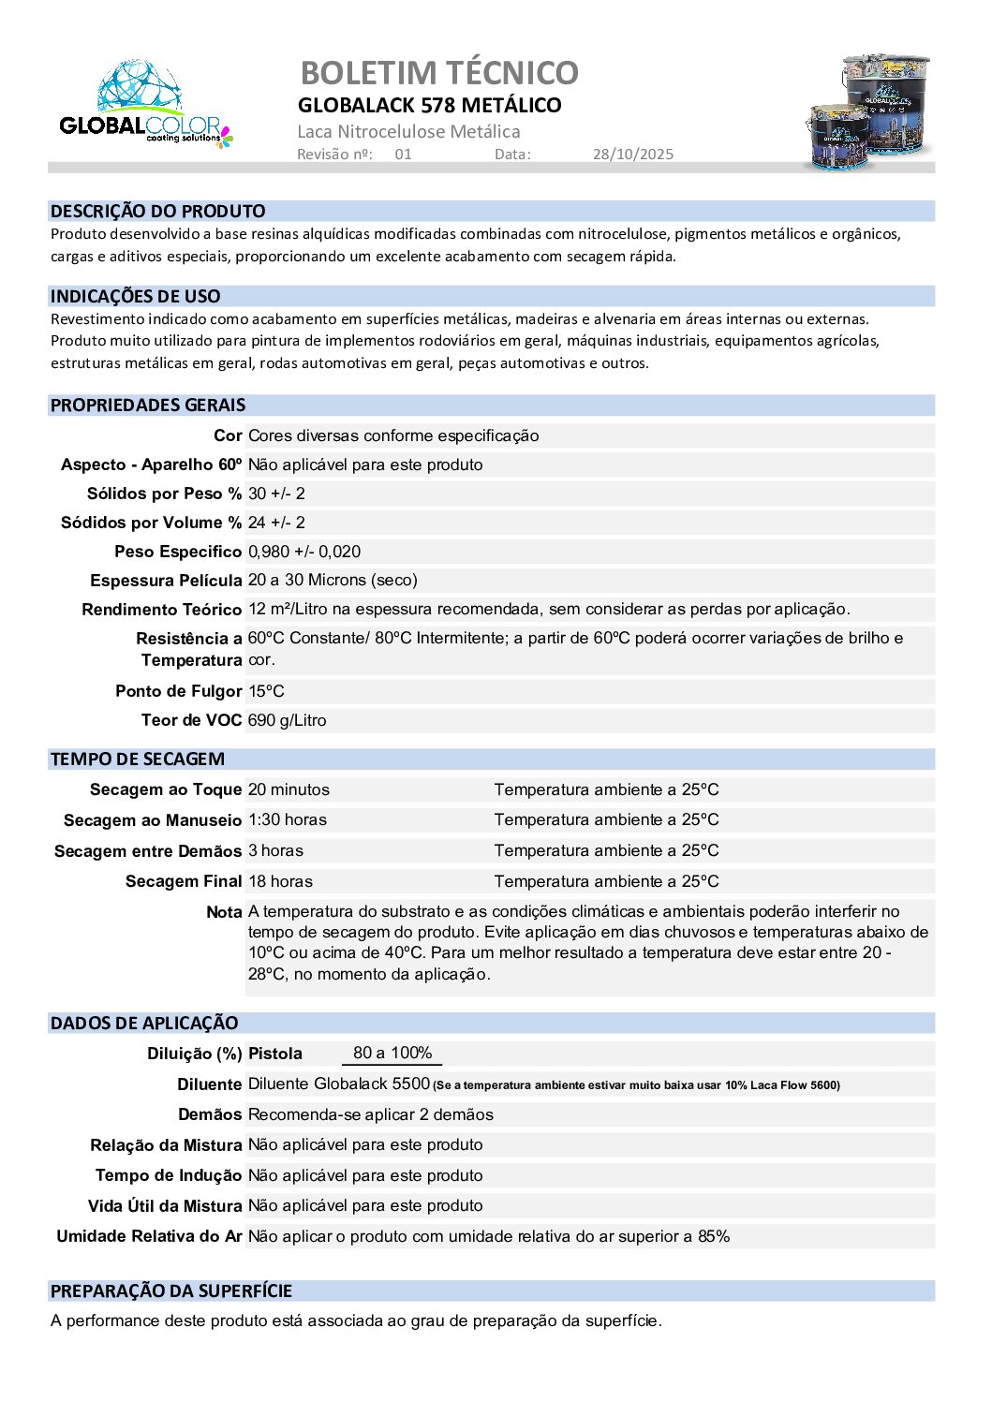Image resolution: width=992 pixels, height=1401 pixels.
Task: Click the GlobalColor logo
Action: [x=144, y=106]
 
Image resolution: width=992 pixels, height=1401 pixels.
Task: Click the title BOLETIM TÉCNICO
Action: [x=438, y=73]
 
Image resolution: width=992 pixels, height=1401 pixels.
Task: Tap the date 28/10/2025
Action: [x=632, y=155]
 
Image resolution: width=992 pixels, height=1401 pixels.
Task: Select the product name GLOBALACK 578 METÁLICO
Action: [x=429, y=105]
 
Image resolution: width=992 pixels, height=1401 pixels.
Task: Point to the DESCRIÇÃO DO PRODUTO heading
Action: [x=157, y=212]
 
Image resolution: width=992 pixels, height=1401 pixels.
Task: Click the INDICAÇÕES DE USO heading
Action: [x=135, y=297]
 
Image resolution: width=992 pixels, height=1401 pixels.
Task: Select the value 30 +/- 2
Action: [x=276, y=494]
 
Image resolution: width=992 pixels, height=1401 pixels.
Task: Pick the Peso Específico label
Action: [x=178, y=552]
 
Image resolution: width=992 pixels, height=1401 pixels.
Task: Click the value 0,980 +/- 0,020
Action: [x=304, y=552]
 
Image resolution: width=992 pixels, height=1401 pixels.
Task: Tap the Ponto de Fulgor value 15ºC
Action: [x=266, y=691]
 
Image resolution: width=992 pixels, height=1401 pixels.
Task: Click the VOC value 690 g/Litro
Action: [x=287, y=720]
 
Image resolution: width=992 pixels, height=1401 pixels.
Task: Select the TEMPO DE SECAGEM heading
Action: [x=137, y=759]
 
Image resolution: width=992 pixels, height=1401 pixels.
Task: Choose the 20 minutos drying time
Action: [x=289, y=789]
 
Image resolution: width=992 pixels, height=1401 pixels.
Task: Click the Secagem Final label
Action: [x=183, y=881]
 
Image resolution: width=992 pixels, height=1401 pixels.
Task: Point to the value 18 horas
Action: [x=280, y=881]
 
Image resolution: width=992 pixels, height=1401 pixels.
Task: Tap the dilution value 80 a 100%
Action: [x=392, y=1053]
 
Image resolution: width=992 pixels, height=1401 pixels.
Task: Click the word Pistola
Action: [x=274, y=1054]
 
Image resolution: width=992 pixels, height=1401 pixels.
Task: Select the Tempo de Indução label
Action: [x=169, y=1175]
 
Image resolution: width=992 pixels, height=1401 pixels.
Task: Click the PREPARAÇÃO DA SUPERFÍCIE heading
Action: [x=170, y=1291]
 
